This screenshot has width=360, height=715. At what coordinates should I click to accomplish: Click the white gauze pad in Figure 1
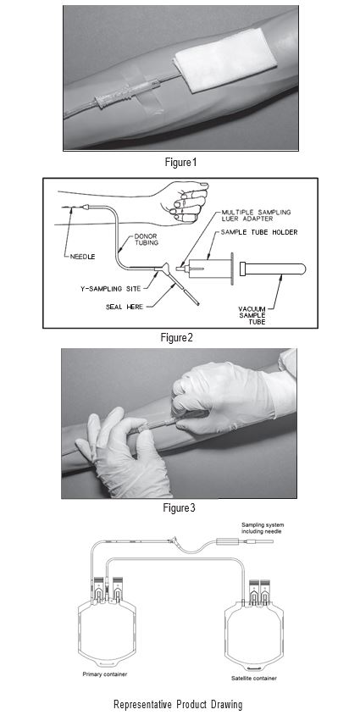coord(226,60)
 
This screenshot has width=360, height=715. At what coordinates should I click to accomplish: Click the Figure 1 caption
coord(181,162)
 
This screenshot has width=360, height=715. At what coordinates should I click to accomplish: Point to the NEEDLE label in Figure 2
coord(82,257)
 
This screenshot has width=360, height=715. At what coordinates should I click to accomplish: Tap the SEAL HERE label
coord(125,307)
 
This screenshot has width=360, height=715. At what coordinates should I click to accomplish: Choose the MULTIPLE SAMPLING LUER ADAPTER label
coord(256,215)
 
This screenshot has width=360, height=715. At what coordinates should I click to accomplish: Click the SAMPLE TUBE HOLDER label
coord(259,232)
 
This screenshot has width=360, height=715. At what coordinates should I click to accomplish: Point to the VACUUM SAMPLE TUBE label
coord(252,315)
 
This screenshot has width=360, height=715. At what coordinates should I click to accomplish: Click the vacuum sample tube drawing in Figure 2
coord(273,269)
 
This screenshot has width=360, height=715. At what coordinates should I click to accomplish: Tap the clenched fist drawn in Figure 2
coord(187,201)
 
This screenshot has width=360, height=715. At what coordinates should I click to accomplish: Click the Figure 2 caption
coord(177,337)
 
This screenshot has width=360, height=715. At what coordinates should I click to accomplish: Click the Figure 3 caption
coord(179,507)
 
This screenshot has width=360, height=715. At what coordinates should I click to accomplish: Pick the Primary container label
coord(105,674)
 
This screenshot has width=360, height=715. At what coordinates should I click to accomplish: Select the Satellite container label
coord(253,678)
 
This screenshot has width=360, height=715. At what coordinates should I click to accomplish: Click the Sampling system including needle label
coord(263,528)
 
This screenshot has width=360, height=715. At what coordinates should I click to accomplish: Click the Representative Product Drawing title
coord(178,704)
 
